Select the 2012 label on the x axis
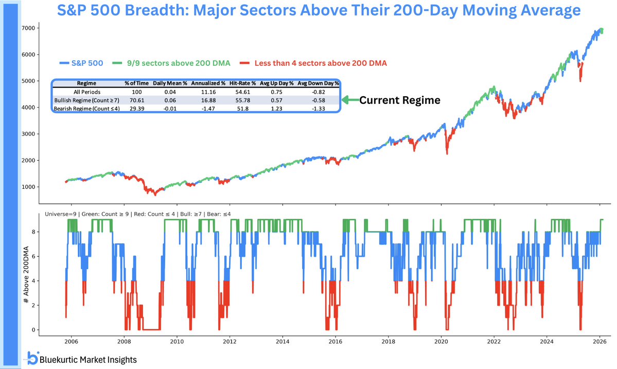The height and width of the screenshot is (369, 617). tap(230, 341)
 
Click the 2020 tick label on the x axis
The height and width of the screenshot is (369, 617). tap(442, 341)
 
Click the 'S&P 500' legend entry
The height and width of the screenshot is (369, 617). tap(82, 63)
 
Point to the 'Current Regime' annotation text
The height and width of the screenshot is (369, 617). tap(399, 100)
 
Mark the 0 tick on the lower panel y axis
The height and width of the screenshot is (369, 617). tap(33, 330)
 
